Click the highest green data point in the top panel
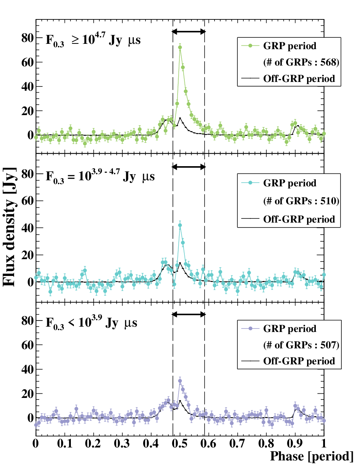pyautogui.click(x=180, y=48)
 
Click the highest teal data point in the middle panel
pyautogui.click(x=180, y=225)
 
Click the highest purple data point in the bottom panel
pyautogui.click(x=180, y=381)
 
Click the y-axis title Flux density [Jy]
pyautogui.click(x=10, y=227)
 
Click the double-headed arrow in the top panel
pyautogui.click(x=189, y=32)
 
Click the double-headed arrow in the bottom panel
pyautogui.click(x=189, y=314)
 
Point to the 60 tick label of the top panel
pyautogui.click(x=28, y=62)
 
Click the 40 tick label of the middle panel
pyautogui.click(x=28, y=228)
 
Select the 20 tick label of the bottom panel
pyautogui.click(x=28, y=394)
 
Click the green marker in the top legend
pyautogui.click(x=251, y=46)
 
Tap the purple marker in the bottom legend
pyautogui.click(x=251, y=329)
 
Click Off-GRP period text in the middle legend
pyautogui.click(x=299, y=219)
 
